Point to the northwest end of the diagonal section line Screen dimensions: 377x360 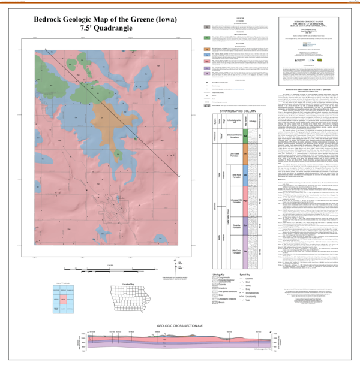[45, 49]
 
